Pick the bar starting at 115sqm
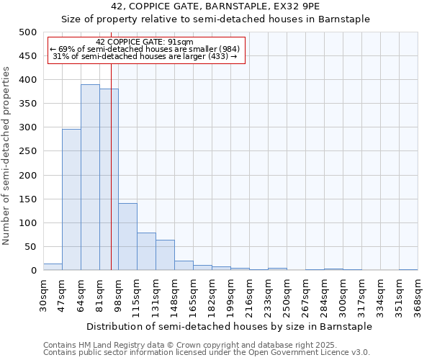[x=146, y=251]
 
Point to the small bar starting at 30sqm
[x=53, y=267]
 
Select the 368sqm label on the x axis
[x=418, y=296]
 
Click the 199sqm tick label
[x=230, y=296]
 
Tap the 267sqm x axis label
[x=305, y=296]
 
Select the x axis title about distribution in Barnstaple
[x=228, y=326]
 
